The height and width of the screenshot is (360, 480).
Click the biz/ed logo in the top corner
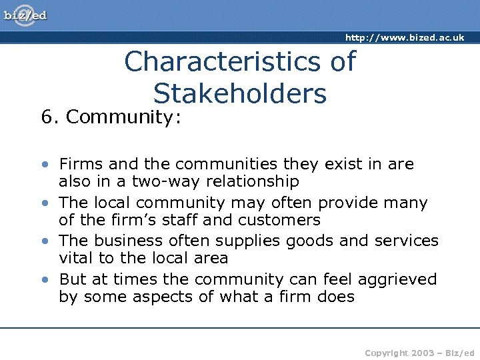pyautogui.click(x=25, y=15)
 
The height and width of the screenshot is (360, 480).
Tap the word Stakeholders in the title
pyautogui.click(x=240, y=94)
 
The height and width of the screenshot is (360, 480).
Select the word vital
pyautogui.click(x=77, y=258)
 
